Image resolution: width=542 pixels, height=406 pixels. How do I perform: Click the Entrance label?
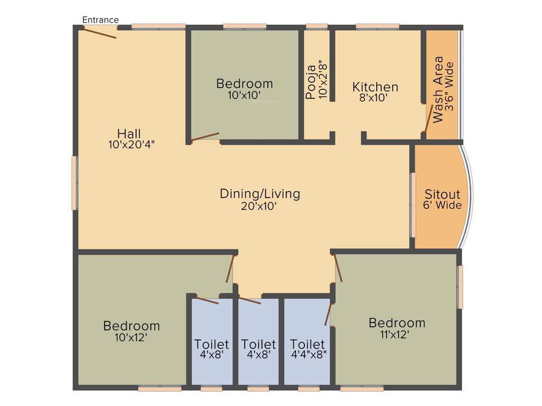[x=101, y=20]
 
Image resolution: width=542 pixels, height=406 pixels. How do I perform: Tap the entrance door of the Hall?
[x=100, y=33]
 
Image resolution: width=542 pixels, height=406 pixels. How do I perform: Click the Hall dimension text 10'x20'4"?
[x=129, y=143]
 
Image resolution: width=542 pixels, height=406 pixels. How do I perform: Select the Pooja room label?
[x=311, y=82]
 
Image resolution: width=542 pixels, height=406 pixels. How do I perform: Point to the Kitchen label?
[x=375, y=87]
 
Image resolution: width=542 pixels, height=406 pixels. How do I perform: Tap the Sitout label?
[x=442, y=194]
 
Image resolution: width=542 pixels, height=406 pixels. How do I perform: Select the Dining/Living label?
[x=260, y=193]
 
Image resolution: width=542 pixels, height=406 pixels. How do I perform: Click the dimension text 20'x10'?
[x=260, y=206]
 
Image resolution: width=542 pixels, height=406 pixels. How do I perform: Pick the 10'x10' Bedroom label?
[x=245, y=84]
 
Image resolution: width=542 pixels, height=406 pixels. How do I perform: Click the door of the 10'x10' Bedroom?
[x=205, y=137]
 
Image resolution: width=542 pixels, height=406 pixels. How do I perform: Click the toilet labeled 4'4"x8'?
[x=308, y=345]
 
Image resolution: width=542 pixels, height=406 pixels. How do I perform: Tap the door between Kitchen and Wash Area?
[x=427, y=119]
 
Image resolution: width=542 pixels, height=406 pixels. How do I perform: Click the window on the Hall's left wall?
[x=75, y=183]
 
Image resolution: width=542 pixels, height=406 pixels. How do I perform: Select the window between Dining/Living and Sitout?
[x=413, y=204]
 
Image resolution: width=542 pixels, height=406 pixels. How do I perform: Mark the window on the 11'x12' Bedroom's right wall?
[x=460, y=287]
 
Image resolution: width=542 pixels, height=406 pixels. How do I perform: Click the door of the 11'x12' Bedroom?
[x=337, y=267]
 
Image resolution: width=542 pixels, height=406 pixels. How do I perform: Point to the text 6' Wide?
[x=442, y=205]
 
